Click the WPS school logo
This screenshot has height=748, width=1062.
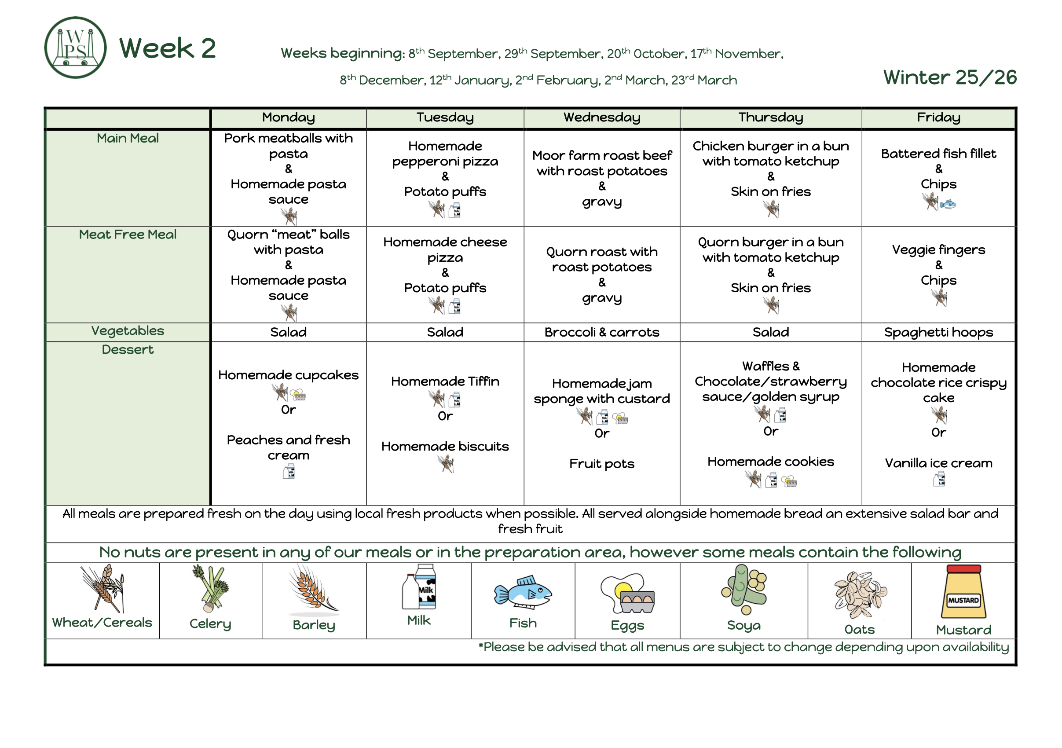click(x=75, y=48)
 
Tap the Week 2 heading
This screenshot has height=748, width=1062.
click(x=168, y=48)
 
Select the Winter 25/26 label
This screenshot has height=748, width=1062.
click(x=950, y=77)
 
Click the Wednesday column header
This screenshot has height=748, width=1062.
click(x=602, y=117)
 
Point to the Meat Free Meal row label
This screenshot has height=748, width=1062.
click(x=128, y=235)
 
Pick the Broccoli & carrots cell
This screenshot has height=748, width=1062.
click(x=602, y=332)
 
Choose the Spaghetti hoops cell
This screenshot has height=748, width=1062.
click(x=938, y=333)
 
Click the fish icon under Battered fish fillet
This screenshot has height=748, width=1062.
click(x=948, y=204)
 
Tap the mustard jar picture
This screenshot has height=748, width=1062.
click(x=963, y=592)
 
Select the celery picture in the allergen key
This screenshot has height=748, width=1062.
click(x=211, y=588)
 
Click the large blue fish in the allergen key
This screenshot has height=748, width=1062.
click(x=523, y=593)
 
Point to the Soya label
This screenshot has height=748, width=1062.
click(x=744, y=625)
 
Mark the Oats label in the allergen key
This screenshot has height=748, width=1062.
click(x=859, y=630)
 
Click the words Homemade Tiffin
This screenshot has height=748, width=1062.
click(x=445, y=381)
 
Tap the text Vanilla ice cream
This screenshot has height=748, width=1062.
click(x=938, y=463)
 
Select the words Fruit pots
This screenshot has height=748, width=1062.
click(x=602, y=463)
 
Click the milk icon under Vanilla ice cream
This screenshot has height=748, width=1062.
click(x=939, y=479)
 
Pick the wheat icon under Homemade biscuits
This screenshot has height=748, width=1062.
click(x=446, y=463)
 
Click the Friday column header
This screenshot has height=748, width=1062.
click(x=938, y=117)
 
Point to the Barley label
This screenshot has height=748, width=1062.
click(x=314, y=625)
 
